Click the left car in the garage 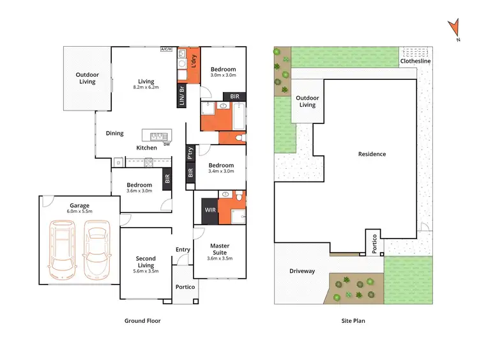click(64, 246)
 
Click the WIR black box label click(210, 209)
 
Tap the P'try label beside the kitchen click(190, 153)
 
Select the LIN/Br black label click(181, 95)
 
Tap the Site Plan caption click(353, 321)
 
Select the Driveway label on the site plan click(301, 271)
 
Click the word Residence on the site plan click(372, 154)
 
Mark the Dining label click(115, 134)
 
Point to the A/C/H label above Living click(167, 49)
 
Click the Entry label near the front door click(183, 250)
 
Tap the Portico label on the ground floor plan click(185, 286)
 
